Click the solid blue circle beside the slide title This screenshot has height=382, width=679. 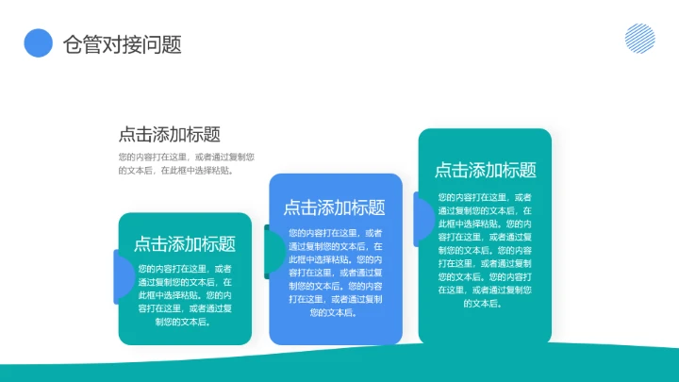[x=38, y=42]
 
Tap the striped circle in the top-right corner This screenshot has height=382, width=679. [x=640, y=38]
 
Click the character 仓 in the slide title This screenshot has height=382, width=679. [x=73, y=44]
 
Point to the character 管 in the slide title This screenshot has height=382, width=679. [x=94, y=44]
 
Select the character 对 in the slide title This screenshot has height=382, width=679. [x=116, y=44]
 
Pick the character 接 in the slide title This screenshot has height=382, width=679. [x=138, y=44]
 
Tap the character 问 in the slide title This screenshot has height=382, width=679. [x=159, y=44]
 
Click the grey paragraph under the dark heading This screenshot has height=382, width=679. [x=186, y=163]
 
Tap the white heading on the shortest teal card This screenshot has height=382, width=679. [x=185, y=243]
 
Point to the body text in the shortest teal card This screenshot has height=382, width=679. [x=185, y=294]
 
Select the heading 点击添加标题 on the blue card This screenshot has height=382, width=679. [x=335, y=208]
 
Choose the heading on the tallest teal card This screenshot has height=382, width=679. [x=485, y=170]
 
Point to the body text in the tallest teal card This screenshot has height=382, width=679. [x=485, y=250]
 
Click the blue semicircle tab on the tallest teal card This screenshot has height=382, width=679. [x=423, y=218]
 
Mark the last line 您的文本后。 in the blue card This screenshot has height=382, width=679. [x=335, y=312]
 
